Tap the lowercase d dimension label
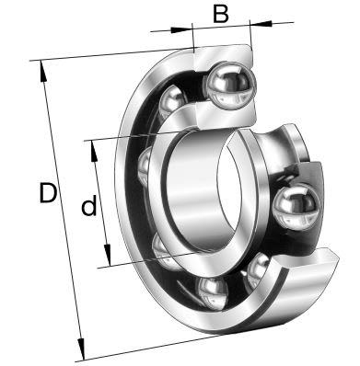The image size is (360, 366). [88, 207]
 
